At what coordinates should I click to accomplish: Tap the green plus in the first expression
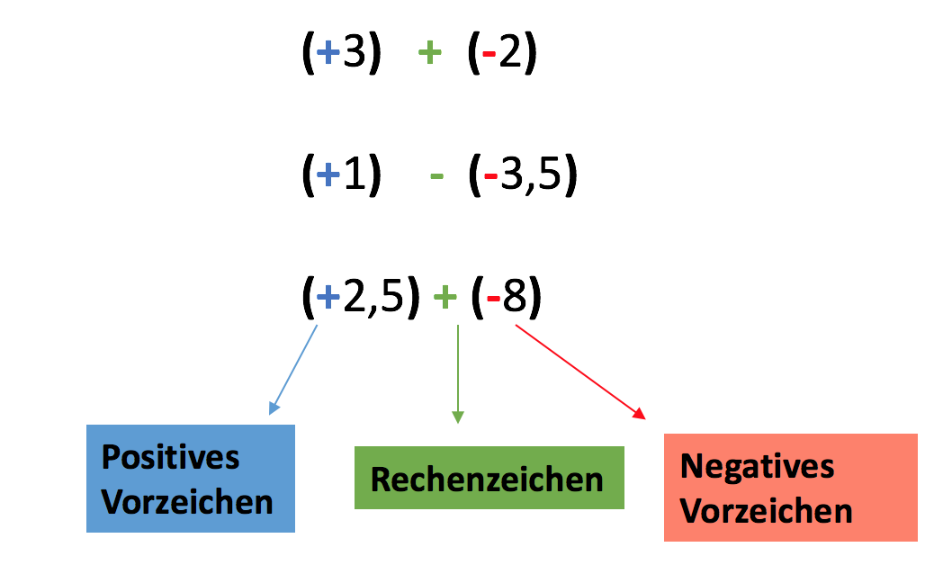[x=429, y=55]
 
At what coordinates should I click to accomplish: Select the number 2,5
[x=373, y=298]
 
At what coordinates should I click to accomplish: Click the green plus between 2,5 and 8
[x=445, y=298]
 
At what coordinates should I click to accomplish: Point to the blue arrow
[x=293, y=370]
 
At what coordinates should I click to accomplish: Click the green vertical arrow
[x=458, y=373]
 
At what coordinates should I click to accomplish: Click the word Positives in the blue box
[x=170, y=457]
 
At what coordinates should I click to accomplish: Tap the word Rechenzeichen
[x=487, y=480]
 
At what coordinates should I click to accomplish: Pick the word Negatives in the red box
[x=757, y=466]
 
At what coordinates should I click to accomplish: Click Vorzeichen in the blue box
[x=187, y=501]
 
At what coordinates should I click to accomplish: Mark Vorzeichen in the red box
[x=766, y=511]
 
